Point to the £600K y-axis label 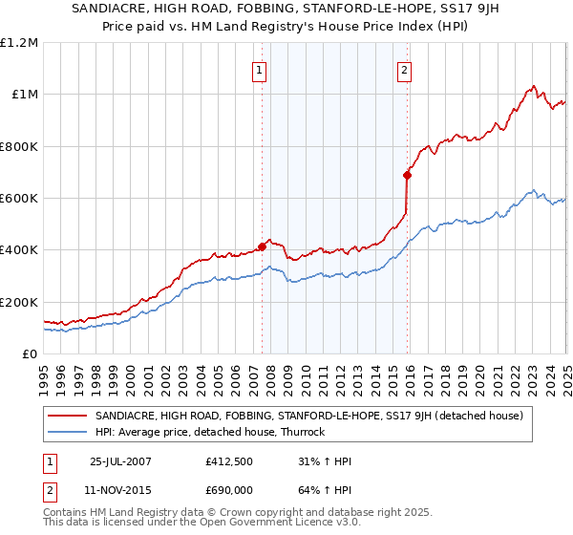tap(19, 199)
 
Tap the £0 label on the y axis tap(30, 354)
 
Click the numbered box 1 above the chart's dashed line tap(260, 69)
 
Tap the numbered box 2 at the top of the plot tap(405, 69)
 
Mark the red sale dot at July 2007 tap(263, 247)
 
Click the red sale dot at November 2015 tap(407, 175)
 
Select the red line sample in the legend tap(67, 417)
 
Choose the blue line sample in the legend tap(67, 432)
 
